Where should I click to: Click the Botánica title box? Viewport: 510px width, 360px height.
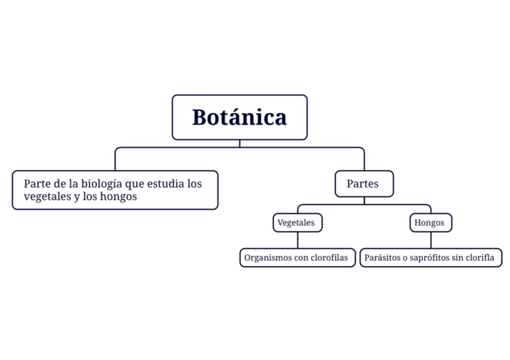click(x=239, y=117)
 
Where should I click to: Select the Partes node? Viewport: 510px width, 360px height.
click(x=364, y=184)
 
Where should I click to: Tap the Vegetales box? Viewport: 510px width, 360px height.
click(x=296, y=223)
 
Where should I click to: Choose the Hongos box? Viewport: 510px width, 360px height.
click(x=430, y=223)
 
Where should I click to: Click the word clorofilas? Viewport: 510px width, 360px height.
click(x=330, y=258)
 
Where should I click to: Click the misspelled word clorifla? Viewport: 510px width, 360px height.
click(x=482, y=258)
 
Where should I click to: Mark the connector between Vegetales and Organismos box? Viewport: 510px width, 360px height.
click(x=297, y=240)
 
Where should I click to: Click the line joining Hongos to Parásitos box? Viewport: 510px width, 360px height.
click(x=431, y=240)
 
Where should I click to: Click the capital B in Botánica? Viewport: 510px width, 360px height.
click(x=200, y=118)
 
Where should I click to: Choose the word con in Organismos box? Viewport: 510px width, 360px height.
click(x=301, y=258)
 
